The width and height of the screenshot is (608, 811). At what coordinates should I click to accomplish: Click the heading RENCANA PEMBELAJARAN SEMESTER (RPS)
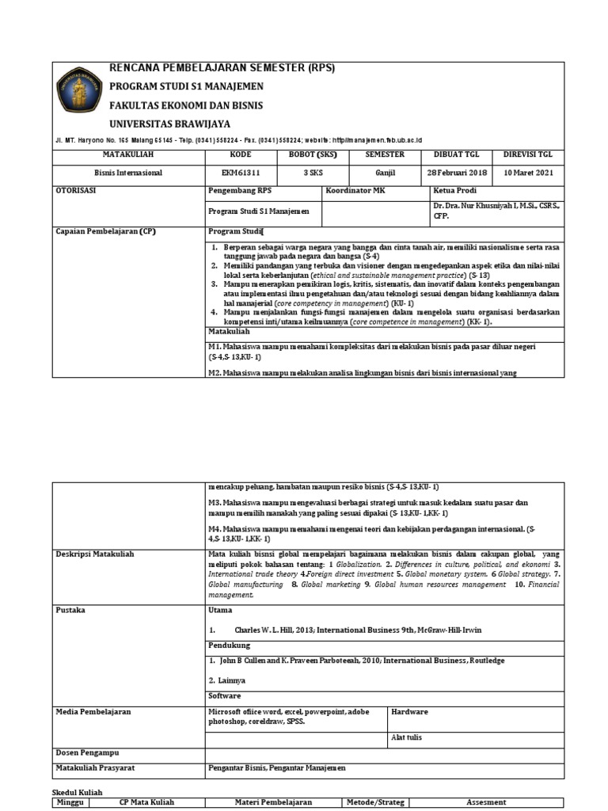222,68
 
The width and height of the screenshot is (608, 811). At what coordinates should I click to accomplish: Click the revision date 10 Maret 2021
528,173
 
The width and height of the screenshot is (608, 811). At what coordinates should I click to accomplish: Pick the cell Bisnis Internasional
128,173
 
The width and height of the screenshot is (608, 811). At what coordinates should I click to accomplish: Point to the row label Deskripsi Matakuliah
95,554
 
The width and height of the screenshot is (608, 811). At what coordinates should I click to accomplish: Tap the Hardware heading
410,712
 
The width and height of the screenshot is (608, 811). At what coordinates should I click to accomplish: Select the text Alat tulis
407,737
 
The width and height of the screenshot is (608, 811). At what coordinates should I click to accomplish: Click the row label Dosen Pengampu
88,752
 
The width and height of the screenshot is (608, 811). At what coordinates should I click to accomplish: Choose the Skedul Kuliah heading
77,792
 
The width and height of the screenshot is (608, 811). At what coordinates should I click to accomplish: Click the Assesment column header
485,802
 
